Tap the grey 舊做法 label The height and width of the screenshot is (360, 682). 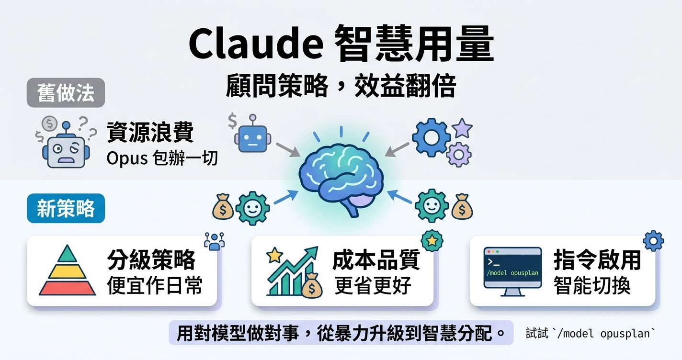pyautogui.click(x=66, y=93)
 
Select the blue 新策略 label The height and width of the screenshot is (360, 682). pyautogui.click(x=66, y=208)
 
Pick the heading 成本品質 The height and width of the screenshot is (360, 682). pyautogui.click(x=376, y=260)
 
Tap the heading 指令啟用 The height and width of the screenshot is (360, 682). pyautogui.click(x=597, y=260)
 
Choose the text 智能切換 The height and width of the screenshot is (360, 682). pyautogui.click(x=592, y=286)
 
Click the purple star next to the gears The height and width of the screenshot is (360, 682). pyautogui.click(x=462, y=128)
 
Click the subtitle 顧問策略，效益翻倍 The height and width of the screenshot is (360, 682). pyautogui.click(x=341, y=86)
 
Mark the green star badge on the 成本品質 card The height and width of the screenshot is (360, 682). pyautogui.click(x=432, y=241)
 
